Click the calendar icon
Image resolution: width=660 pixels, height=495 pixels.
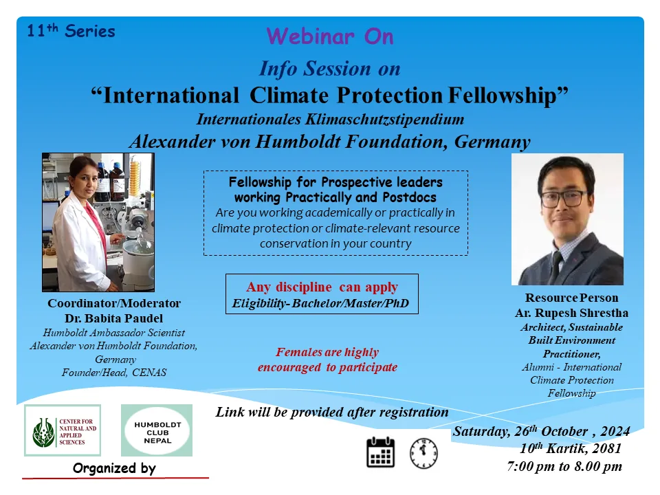[380, 452]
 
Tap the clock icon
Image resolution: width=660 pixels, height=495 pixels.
[424, 453]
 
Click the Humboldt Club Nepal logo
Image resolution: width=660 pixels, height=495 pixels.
[157, 430]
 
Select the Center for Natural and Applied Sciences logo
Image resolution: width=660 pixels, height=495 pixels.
[63, 430]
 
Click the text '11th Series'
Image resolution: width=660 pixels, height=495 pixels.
[71, 31]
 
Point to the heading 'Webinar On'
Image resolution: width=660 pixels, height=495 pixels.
[330, 36]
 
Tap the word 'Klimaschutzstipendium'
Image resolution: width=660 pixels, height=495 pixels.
[385, 120]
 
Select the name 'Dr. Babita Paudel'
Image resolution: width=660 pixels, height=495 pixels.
[113, 318]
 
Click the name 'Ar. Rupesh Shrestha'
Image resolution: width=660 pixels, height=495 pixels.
[571, 313]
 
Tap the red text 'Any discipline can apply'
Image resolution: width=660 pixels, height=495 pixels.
[322, 287]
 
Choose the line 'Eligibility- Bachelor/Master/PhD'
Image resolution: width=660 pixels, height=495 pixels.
[321, 303]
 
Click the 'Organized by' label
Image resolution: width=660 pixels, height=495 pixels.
[114, 468]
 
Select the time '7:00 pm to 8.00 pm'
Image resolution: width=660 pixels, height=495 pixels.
[564, 466]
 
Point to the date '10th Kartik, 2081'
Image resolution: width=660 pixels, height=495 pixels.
[571, 448]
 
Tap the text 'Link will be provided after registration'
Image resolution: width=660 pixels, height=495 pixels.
[332, 412]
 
